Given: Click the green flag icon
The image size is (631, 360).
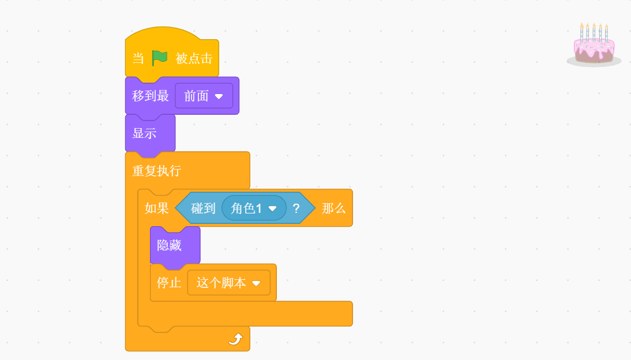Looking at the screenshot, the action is tap(160, 58).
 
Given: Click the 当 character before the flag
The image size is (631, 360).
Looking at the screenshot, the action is tap(138, 58).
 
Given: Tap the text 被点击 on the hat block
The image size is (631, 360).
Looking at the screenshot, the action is tap(194, 58).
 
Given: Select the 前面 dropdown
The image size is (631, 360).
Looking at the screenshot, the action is tap(204, 96).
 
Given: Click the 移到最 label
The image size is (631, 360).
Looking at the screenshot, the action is tap(151, 96).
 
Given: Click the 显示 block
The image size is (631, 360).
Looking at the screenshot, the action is tap(145, 133).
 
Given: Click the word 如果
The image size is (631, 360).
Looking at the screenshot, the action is tap(156, 208).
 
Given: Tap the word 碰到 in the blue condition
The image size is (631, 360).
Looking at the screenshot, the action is tap(203, 208).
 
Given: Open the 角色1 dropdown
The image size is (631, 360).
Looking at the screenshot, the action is tap(254, 208).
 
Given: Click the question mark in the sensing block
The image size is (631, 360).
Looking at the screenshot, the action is tap(296, 208).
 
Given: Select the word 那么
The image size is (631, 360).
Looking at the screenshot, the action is tap(333, 208).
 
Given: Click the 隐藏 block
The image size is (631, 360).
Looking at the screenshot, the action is tap(170, 245).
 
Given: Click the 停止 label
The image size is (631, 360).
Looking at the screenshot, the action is tap(169, 283).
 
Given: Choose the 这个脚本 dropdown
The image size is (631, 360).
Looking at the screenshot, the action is tap(228, 283).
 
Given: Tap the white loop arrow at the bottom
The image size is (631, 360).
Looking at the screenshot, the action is tap(235, 339).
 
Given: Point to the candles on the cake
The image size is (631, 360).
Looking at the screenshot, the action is tap(594, 31).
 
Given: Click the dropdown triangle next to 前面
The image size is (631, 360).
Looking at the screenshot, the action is tap(219, 96).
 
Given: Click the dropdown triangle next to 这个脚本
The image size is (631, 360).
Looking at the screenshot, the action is tap(256, 283).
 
